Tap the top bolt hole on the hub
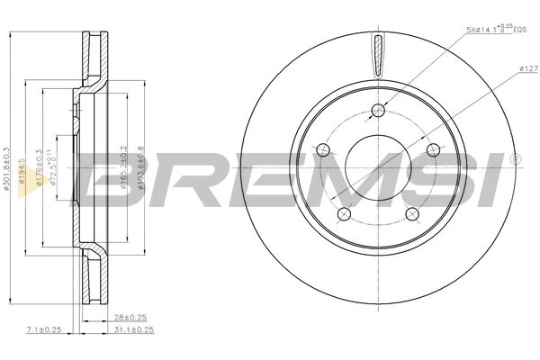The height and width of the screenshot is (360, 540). click(377, 111)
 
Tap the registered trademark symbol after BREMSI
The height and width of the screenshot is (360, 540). click(514, 159)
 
